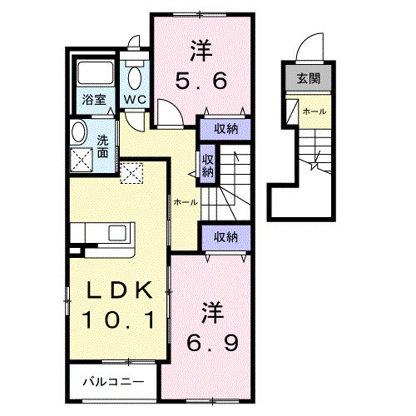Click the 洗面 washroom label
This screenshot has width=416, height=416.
coord(102,146)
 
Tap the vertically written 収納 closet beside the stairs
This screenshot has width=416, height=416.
coord(208,163)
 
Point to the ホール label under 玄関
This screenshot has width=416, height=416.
coord(314,111)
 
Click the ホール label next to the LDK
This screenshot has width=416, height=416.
coord(185,202)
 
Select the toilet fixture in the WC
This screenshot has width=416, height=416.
coord(134,76)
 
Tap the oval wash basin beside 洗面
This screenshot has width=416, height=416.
coord(79,132)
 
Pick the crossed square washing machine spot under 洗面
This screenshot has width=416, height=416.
coord(82,159)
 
